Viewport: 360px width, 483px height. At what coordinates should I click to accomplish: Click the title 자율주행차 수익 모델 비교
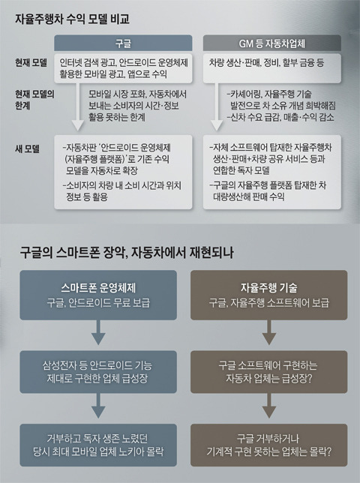coord(72,19)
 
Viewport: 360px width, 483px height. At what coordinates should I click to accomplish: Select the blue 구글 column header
coord(123,43)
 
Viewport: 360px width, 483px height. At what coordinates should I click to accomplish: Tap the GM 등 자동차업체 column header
coord(272,43)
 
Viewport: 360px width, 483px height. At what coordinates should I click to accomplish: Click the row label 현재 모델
coord(31,63)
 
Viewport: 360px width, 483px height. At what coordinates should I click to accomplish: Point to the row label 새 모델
coord(28,149)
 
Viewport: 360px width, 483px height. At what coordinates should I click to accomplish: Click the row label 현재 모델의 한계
coord(34,100)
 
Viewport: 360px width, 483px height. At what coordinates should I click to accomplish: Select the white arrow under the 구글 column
coord(77,106)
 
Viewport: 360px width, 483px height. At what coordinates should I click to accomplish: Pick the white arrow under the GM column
coord(217,106)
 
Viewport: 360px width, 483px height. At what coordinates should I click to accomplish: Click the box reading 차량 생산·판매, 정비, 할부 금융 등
coord(272,68)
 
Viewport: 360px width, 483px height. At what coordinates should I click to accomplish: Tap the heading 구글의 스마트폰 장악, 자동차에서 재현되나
coord(126,253)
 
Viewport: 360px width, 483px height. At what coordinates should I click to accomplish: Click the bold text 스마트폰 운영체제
coord(98,288)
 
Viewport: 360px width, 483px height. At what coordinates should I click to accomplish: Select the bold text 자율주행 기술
coord(268,288)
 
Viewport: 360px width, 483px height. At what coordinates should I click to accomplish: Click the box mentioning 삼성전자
coord(98,372)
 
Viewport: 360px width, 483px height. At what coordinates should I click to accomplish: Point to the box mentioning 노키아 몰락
coord(98,445)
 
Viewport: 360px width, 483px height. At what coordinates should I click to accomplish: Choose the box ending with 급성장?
coord(268,372)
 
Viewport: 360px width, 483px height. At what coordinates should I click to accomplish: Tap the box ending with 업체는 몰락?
coord(268,445)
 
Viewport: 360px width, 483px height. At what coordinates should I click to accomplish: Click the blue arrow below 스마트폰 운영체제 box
coord(98,332)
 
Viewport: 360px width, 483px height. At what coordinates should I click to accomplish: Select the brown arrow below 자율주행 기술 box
coord(268,332)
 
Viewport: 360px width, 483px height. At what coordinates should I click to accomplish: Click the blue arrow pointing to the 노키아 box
coord(98,406)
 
